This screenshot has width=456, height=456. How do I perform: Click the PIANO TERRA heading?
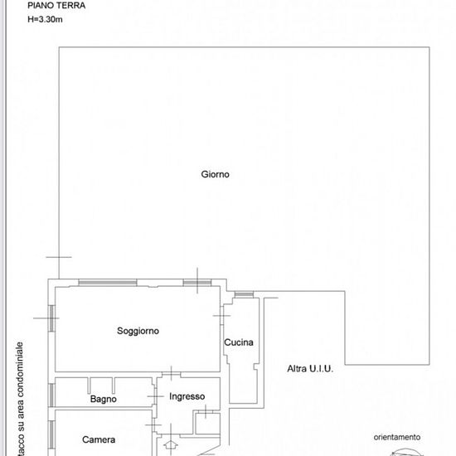[56, 5]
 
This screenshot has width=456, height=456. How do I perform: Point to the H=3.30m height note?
[45, 20]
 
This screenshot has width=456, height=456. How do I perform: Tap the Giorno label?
[216, 174]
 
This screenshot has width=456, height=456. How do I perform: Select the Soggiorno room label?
[138, 331]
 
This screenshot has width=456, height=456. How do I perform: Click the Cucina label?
[239, 342]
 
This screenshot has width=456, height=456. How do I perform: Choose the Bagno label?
[104, 399]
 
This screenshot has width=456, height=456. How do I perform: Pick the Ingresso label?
[187, 396]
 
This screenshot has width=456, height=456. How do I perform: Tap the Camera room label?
[99, 439]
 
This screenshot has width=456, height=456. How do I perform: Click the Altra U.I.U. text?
[310, 369]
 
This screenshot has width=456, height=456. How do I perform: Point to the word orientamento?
[397, 437]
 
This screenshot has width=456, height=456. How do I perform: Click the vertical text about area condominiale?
[20, 399]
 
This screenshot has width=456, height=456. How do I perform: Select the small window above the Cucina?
[244, 294]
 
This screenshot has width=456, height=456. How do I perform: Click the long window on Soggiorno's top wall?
[108, 283]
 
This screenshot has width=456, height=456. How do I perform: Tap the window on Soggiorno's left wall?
[51, 318]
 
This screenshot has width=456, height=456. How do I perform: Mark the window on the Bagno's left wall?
[51, 395]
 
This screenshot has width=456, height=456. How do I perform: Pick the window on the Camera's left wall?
[51, 434]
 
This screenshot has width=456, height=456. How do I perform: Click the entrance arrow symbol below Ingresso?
[171, 445]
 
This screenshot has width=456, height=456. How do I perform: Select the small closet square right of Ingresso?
[207, 423]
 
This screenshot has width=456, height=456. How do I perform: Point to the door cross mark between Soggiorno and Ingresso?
[172, 374]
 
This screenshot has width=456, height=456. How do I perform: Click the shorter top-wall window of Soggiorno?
[197, 283]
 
